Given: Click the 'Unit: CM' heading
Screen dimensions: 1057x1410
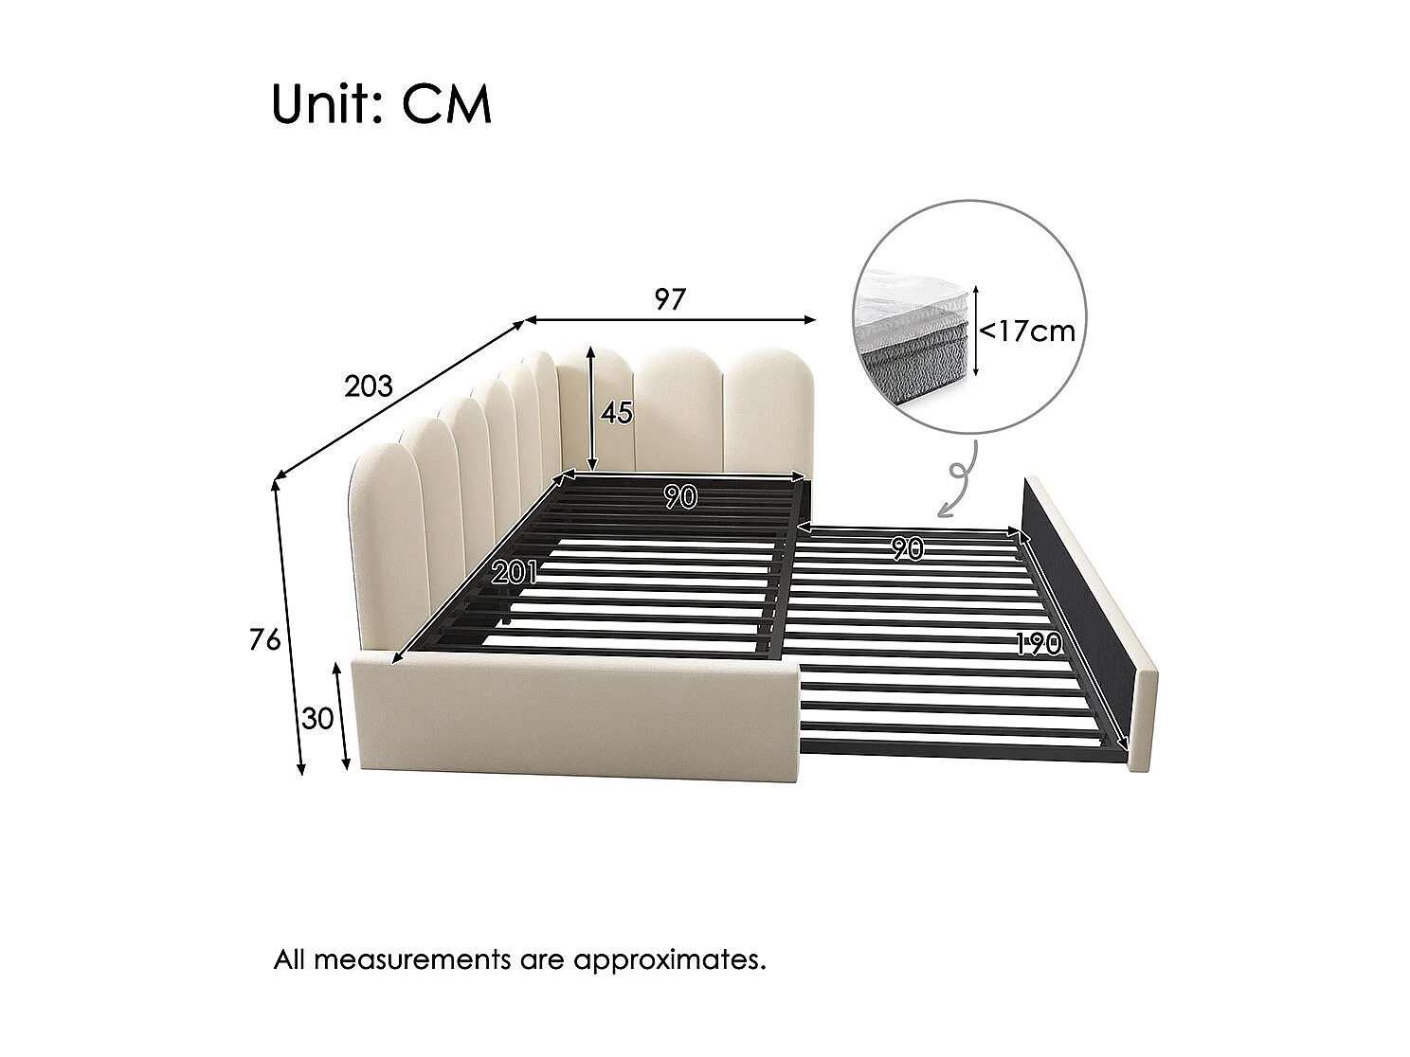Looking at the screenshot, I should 381,104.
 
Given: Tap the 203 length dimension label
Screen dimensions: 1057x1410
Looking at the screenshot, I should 368,386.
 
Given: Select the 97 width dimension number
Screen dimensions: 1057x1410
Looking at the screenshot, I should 669,300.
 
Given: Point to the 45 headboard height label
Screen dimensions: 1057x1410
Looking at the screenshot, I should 616,413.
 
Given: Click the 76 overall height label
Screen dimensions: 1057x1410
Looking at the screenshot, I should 265,641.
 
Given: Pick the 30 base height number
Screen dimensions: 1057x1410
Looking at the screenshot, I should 318,719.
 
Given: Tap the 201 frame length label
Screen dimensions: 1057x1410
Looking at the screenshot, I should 515,571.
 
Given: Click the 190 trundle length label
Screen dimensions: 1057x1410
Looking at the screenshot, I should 1039,644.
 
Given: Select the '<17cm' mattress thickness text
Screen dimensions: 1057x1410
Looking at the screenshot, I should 1027,331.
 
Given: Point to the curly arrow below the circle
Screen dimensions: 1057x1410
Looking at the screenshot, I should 958,483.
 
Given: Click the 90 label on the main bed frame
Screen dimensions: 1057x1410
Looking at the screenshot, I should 680,497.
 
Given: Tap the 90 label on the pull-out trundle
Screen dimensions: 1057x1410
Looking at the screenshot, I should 908,548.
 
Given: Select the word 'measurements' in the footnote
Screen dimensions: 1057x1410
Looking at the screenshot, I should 412,959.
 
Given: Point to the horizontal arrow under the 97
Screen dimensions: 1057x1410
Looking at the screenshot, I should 670,320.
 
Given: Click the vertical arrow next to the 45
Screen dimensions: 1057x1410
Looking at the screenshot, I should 591,409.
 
